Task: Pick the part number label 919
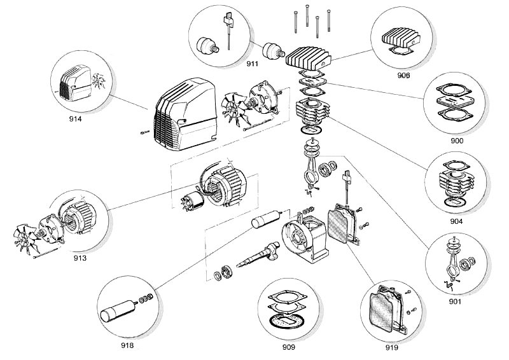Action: pos(391,348)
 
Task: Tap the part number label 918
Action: pos(127,345)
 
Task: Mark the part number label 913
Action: pos(80,258)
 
